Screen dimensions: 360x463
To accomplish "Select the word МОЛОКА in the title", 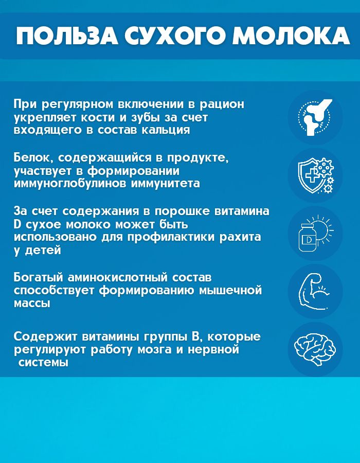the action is click(291, 36).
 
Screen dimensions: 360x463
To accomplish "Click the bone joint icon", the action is click(315, 117).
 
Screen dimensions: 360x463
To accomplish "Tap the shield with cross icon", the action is click(315, 175).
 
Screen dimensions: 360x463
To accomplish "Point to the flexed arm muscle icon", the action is click(314, 292).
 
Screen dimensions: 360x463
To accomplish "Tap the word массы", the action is click(32, 303).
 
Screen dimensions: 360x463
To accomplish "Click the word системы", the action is click(43, 362).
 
